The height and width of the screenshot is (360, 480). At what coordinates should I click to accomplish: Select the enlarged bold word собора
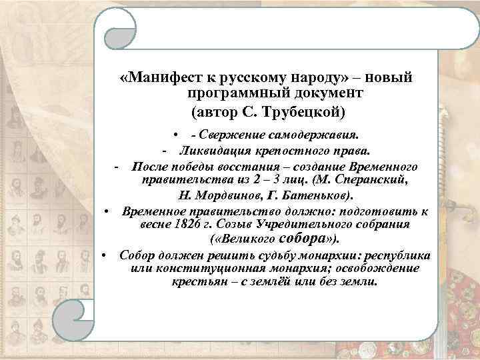pyautogui.click(x=306, y=238)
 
